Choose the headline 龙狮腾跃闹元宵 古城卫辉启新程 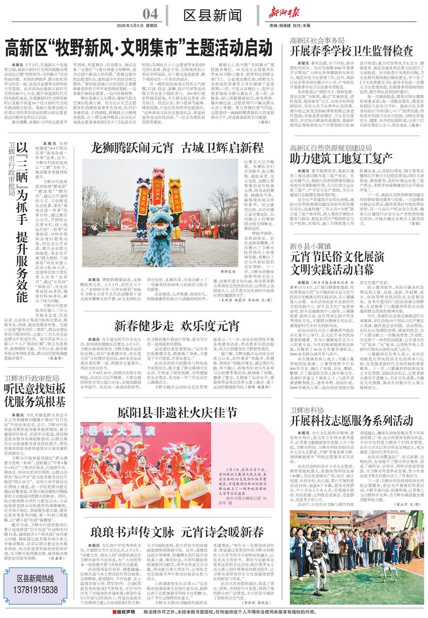[x=178, y=149]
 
